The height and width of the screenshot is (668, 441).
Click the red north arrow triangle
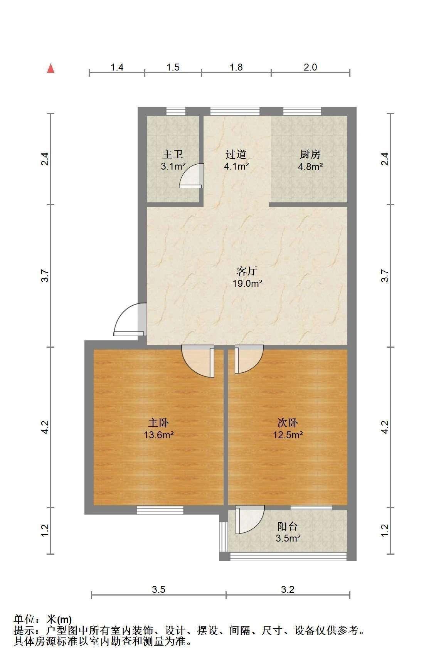tap(50, 69)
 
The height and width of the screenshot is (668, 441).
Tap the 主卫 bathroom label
tap(172, 155)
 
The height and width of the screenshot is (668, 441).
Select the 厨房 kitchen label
tap(310, 155)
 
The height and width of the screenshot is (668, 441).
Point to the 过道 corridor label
tap(236, 155)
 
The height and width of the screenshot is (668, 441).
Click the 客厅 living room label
tap(247, 271)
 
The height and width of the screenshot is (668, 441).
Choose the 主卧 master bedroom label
tap(159, 423)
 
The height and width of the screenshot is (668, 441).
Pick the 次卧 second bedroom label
tap(288, 423)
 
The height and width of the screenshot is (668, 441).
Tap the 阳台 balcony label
tap(288, 526)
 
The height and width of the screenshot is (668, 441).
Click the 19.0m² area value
tap(247, 284)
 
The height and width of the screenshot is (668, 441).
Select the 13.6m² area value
tap(159, 435)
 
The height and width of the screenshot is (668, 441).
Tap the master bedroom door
tap(198, 362)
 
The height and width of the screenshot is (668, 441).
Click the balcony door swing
tap(250, 520)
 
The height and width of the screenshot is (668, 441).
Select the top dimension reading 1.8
tap(236, 67)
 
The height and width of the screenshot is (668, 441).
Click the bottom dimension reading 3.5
tap(158, 589)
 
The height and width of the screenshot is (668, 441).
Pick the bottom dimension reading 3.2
tap(288, 589)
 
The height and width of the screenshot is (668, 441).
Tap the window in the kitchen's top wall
tap(302, 111)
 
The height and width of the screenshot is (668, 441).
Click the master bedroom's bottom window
tap(160, 510)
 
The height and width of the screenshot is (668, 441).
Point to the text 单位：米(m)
tap(43, 619)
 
